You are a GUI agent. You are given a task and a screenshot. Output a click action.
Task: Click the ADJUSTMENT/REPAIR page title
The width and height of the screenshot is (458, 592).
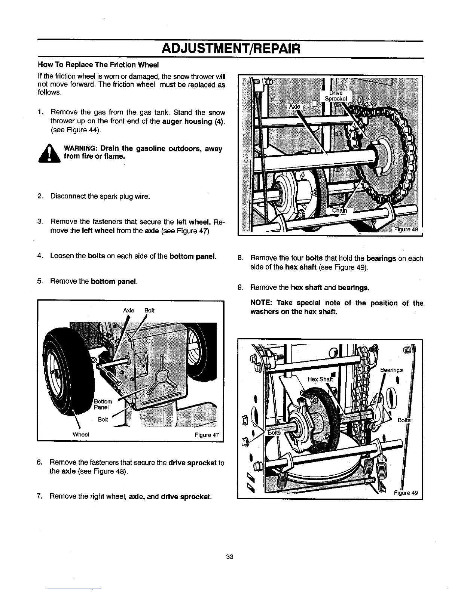coord(230,49)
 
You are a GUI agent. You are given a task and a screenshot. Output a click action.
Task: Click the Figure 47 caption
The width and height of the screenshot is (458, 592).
coord(207,435)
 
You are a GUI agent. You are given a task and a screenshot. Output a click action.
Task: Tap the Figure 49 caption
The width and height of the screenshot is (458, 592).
coord(406,492)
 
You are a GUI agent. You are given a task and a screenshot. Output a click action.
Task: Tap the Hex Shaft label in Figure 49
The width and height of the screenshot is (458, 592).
coord(320,379)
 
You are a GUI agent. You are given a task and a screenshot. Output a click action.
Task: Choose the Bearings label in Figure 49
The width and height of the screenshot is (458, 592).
coord(391,370)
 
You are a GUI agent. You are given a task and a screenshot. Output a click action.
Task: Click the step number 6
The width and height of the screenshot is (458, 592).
coord(39,463)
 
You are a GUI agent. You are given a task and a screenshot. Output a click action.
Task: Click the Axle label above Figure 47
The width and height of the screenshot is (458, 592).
coord(129,311)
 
